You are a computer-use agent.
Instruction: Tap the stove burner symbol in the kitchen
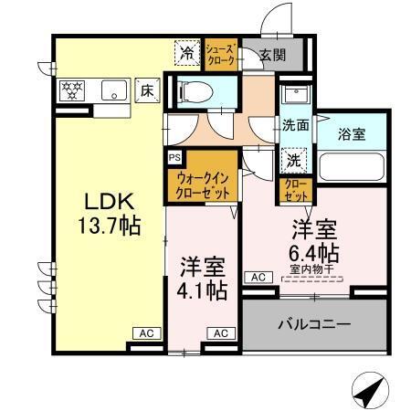pyautogui.click(x=72, y=90)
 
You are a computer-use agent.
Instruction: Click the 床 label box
pyautogui.click(x=146, y=90)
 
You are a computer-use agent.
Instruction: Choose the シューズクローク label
pyautogui.click(x=222, y=54)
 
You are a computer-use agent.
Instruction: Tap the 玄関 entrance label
pyautogui.click(x=271, y=55)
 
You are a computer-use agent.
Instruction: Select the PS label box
pyautogui.click(x=174, y=156)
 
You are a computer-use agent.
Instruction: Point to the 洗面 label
pyautogui.click(x=294, y=125)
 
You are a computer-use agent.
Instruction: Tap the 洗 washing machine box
pyautogui.click(x=294, y=157)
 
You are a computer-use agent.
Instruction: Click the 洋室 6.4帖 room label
pyautogui.click(x=315, y=239)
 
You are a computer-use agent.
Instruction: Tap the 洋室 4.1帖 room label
pyautogui.click(x=202, y=279)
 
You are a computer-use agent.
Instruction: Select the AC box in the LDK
pyautogui.click(x=144, y=333)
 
